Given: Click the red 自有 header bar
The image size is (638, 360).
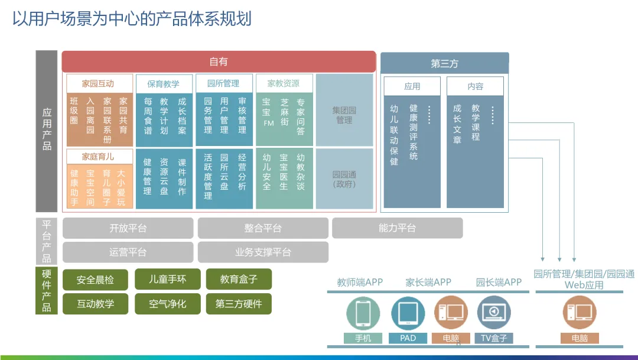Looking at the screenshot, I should [219, 61].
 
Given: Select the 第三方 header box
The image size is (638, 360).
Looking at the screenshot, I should [444, 63].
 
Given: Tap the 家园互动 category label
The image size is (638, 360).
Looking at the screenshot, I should [98, 83].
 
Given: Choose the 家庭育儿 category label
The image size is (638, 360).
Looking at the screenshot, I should [98, 157].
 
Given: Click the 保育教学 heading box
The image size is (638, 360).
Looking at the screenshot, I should [163, 84].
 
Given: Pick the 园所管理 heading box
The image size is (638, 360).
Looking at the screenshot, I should [223, 83].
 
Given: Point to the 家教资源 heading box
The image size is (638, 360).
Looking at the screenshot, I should [283, 83].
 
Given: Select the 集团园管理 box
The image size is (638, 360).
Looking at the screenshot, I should [344, 115].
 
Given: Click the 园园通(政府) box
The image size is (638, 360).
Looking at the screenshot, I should [344, 179].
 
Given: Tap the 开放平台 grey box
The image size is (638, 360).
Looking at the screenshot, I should [128, 228].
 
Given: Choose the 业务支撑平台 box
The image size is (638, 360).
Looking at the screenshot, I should [263, 252].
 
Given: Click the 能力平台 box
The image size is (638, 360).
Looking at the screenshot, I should [397, 228].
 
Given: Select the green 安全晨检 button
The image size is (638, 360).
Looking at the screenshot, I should [96, 280].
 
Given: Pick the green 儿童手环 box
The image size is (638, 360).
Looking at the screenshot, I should [167, 279].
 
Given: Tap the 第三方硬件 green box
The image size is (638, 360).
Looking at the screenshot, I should [238, 304].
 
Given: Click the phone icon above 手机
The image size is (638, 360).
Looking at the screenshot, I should [363, 314].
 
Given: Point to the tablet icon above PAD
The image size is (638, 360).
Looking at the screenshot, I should [408, 314].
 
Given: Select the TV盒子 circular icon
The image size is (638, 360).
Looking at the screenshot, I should [494, 314].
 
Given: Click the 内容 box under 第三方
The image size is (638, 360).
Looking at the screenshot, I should [475, 86].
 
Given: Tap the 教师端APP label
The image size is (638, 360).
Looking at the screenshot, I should [360, 283].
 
